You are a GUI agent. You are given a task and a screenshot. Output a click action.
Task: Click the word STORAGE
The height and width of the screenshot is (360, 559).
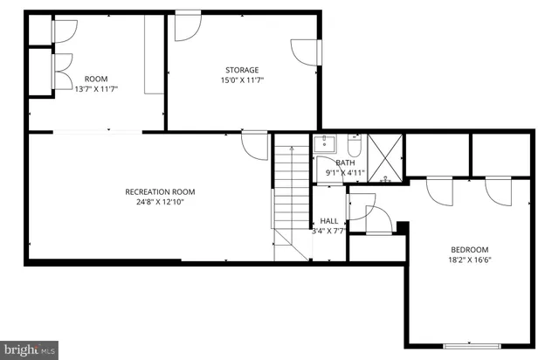242,70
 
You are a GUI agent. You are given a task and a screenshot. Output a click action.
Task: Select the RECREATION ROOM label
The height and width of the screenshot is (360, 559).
160,191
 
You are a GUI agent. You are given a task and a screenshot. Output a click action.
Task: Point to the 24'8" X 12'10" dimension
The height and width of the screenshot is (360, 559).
160,202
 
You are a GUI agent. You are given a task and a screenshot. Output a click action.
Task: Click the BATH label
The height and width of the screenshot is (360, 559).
346,163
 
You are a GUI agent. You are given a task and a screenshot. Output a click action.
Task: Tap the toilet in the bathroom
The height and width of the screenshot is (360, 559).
354,144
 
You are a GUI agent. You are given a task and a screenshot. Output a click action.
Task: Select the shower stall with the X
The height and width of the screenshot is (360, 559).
383,157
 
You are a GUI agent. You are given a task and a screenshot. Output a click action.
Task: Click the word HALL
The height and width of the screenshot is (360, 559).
328,221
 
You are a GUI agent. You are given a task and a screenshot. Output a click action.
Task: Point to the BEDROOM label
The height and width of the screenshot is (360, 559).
469,249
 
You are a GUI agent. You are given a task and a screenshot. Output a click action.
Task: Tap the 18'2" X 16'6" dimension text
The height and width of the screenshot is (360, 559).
469,260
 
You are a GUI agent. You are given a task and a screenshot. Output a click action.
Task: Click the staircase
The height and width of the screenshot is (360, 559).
291,197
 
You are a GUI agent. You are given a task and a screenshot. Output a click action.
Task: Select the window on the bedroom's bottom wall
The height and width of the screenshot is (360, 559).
470,347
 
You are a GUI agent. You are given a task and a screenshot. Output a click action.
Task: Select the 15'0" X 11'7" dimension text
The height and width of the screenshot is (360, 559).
242,80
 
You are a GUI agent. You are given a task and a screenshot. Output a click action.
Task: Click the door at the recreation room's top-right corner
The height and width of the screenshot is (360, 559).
255,145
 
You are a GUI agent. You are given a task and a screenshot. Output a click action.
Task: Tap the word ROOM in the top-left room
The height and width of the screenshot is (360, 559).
89,79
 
